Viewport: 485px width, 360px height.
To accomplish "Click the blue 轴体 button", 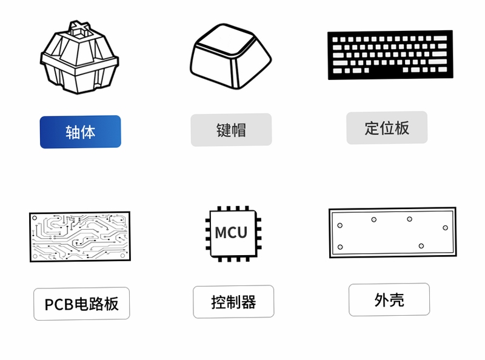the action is click(81, 132).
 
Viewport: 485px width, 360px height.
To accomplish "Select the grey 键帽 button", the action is click(232, 130).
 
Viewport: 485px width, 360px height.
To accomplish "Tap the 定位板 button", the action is click(387, 128).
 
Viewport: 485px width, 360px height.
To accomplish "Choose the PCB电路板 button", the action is click(82, 304).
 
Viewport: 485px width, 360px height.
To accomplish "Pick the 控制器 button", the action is click(233, 302).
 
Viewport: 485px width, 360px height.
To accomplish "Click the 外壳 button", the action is click(389, 299).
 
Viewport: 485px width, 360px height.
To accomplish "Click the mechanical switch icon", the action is click(79, 58).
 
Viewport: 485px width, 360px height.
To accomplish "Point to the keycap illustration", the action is click(231, 56).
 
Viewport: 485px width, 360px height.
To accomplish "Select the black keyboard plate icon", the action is click(390, 55).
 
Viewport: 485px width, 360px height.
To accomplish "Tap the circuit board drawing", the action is click(80, 236).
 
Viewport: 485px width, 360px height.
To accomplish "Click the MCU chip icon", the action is click(233, 234).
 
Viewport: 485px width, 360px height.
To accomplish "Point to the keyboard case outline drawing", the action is click(393, 232).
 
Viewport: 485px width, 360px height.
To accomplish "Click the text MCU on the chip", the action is click(231, 233).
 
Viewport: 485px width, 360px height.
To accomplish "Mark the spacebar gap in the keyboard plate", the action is click(386, 70).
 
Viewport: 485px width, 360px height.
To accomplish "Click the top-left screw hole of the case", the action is click(340, 225).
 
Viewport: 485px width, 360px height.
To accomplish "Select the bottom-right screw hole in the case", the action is click(421, 246).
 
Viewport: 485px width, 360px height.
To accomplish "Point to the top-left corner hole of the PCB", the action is click(35, 218).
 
